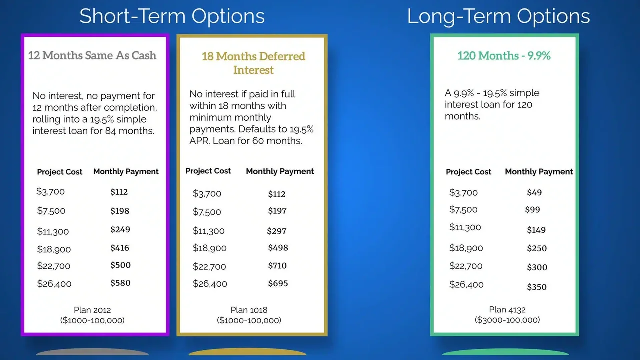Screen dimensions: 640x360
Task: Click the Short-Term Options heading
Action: coord(172,16)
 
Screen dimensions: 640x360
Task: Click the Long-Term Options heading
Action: coord(498,16)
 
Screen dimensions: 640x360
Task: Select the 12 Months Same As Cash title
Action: coord(92,55)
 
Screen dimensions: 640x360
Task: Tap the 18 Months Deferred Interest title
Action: coord(253,63)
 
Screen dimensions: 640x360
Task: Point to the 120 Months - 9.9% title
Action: coord(504,55)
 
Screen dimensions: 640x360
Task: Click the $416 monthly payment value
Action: coord(120,248)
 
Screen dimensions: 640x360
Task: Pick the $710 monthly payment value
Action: coord(277,265)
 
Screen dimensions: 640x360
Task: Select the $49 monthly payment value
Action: coord(534,192)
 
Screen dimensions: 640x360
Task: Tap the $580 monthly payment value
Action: coord(120,283)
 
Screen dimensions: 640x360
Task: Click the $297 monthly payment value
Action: coord(277,231)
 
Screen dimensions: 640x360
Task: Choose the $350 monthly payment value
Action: coord(537,287)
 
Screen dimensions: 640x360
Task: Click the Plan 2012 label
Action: coord(92,310)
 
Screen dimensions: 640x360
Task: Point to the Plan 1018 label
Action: coord(249,310)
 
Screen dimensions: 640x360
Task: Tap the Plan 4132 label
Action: coord(507,309)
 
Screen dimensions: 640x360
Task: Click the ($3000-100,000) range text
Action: coord(507,320)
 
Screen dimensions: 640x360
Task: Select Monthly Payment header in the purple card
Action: coord(126,171)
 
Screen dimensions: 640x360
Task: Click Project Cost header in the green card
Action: coord(468,172)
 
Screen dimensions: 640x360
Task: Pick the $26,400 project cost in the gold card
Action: coord(210,283)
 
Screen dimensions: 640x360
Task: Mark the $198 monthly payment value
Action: coord(120,211)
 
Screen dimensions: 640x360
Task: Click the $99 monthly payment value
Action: coord(532,210)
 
